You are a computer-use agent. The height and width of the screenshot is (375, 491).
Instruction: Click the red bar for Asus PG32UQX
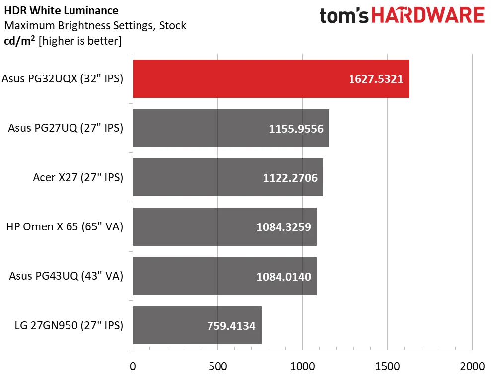coord(271,78)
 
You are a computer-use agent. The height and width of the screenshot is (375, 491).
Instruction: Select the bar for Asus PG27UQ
coord(231,128)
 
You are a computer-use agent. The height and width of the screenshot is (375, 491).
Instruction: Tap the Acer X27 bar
coord(228,177)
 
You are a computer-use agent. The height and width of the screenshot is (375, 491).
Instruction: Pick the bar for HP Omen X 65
coord(224,227)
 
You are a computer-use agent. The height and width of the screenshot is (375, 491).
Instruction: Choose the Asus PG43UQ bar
coord(224,276)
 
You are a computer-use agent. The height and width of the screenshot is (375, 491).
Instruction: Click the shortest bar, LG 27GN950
coord(197,325)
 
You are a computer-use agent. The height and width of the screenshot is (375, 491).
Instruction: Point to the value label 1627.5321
coord(376,79)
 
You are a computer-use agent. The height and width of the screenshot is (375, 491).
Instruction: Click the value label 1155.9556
coord(296,129)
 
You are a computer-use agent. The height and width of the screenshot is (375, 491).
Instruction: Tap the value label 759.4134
coord(231,326)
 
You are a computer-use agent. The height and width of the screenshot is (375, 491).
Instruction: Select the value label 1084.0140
coord(283,277)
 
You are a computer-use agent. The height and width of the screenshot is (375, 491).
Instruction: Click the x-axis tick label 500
coord(217,366)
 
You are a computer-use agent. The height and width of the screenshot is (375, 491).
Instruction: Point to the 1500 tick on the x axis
coord(387,366)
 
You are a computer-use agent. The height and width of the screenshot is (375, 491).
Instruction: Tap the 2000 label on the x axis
coord(472,366)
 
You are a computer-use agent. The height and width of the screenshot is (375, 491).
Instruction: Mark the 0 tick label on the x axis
coord(133,366)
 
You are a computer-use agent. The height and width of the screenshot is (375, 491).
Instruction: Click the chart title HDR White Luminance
coord(62,10)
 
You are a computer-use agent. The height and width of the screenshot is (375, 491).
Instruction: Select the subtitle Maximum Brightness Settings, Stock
coord(95,25)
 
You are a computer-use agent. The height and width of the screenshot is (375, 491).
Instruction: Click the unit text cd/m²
coord(19,41)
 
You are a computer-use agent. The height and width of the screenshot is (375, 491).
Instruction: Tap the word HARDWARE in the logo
coord(428,15)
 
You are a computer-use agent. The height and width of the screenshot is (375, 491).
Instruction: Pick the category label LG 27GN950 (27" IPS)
coord(69,325)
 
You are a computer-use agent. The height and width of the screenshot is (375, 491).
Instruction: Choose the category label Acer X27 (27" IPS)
coord(78,178)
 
